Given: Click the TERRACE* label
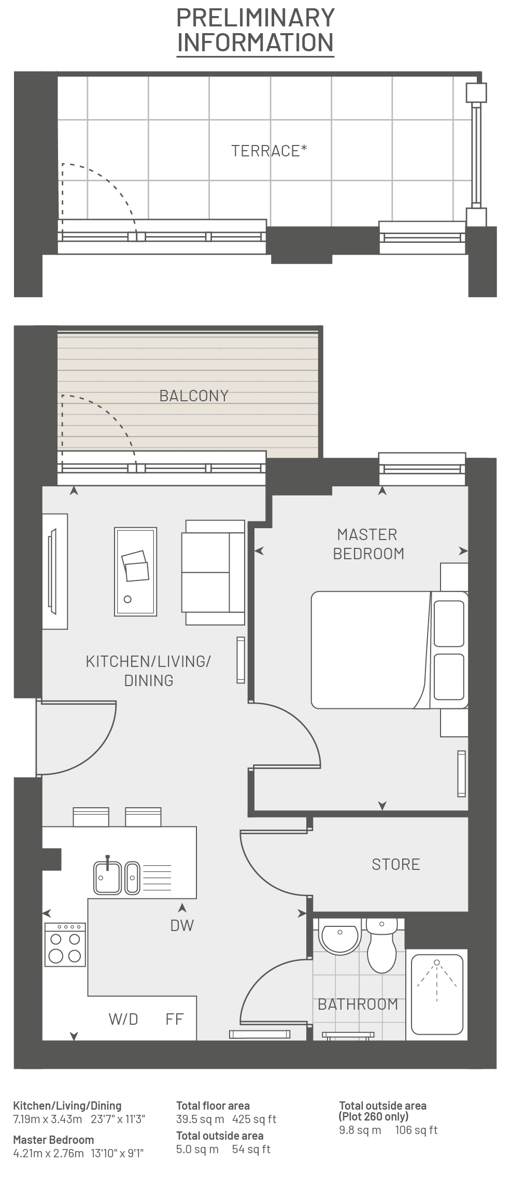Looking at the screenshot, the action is (269, 151).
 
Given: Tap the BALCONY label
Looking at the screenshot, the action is (194, 396).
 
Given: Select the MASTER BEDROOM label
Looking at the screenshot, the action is (368, 544).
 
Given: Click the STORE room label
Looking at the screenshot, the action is (396, 864).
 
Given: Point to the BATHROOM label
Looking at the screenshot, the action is (358, 1005).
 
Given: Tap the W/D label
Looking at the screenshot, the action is (123, 1019).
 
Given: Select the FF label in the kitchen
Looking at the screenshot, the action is (175, 1019).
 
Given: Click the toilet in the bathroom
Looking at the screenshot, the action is (382, 946).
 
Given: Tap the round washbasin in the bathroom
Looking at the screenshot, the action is (339, 937).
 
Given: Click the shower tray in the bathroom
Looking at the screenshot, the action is (437, 994).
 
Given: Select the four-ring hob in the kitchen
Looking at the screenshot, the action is (65, 944).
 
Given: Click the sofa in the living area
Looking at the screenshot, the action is (213, 572).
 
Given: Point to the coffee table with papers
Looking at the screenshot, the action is (135, 572).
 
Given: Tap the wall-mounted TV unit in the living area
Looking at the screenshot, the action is (55, 571).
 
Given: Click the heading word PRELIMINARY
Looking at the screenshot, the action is (255, 18).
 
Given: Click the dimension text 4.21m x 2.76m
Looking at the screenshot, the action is (48, 1154).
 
